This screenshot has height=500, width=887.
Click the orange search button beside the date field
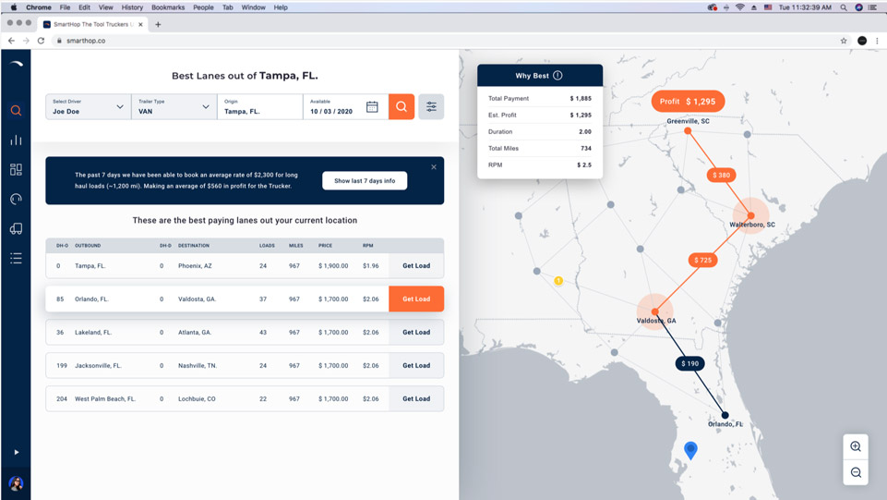402,107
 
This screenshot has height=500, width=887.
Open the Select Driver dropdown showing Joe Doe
88,107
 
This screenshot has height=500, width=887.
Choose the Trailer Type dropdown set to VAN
174,107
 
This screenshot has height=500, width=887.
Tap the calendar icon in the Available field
372,107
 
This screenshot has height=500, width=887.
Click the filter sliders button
431,107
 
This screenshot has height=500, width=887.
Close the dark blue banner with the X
434,167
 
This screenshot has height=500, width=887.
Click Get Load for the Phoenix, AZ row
416,266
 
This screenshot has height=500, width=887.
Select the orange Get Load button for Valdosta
416,299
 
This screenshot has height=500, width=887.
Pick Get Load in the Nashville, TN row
416,366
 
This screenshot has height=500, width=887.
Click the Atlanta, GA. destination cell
195,333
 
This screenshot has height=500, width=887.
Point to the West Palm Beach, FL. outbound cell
105,399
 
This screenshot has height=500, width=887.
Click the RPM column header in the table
368,246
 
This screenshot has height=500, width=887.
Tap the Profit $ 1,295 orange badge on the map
689,102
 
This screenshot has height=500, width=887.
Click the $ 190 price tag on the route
690,364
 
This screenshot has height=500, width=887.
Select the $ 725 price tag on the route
702,261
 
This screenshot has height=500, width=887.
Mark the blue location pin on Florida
690,449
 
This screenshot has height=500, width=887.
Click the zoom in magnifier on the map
856,447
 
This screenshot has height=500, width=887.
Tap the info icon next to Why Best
557,76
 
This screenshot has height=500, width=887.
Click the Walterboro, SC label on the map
752,225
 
